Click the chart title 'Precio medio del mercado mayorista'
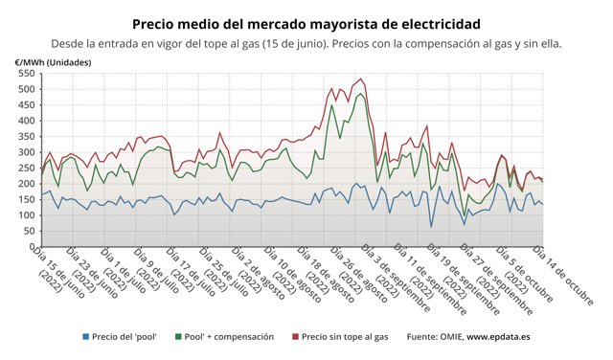coord(306,23)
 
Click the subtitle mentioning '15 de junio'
coord(306,44)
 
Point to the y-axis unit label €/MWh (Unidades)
coord(54,62)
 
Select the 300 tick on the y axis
coord(25,151)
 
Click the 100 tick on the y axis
coord(25,214)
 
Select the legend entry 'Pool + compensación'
coord(228,337)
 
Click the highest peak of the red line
coord(360,79)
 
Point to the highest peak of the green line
coord(360,94)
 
